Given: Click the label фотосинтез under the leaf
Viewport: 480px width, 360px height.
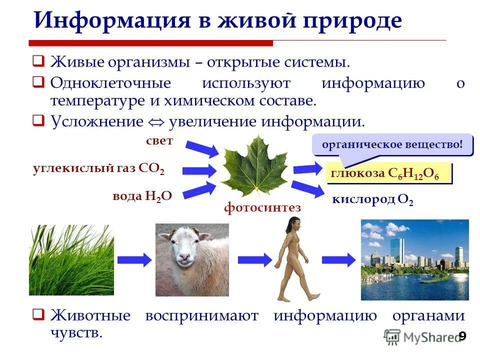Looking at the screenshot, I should click(262, 207).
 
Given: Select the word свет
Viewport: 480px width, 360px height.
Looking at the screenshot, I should click(159, 141).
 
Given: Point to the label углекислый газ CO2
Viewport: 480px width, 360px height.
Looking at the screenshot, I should click(98, 168).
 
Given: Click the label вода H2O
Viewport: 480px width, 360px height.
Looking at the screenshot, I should click(142, 196).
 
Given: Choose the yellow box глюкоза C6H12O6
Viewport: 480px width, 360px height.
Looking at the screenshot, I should click(388, 174).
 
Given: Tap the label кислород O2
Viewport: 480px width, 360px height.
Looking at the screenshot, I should click(372, 200).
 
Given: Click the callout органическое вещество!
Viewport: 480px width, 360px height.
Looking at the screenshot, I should click(392, 145).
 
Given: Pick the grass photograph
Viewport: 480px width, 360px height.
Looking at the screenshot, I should click(71, 260).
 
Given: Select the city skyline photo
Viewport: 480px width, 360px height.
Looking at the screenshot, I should click(414, 259).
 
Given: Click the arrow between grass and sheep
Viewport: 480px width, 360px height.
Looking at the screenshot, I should click(134, 259).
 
